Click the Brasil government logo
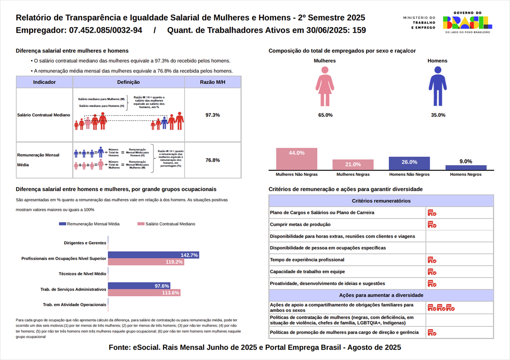point(467,22)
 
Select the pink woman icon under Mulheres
point(325,86)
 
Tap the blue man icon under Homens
point(437,86)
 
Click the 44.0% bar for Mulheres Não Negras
point(297,159)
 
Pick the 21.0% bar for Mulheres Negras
point(353,165)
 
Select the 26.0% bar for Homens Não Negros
point(409,163)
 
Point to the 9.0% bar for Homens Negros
point(466,168)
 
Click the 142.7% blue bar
point(153,255)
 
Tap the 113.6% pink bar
point(144,293)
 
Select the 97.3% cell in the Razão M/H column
point(212,115)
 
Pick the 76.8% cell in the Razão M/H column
point(212,160)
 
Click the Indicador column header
point(44,82)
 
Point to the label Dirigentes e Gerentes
point(85,243)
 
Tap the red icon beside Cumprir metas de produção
point(432,225)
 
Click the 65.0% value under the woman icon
point(325,115)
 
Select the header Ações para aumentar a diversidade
point(381,295)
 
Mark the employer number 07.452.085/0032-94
point(106,30)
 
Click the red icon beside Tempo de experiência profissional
point(432,260)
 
